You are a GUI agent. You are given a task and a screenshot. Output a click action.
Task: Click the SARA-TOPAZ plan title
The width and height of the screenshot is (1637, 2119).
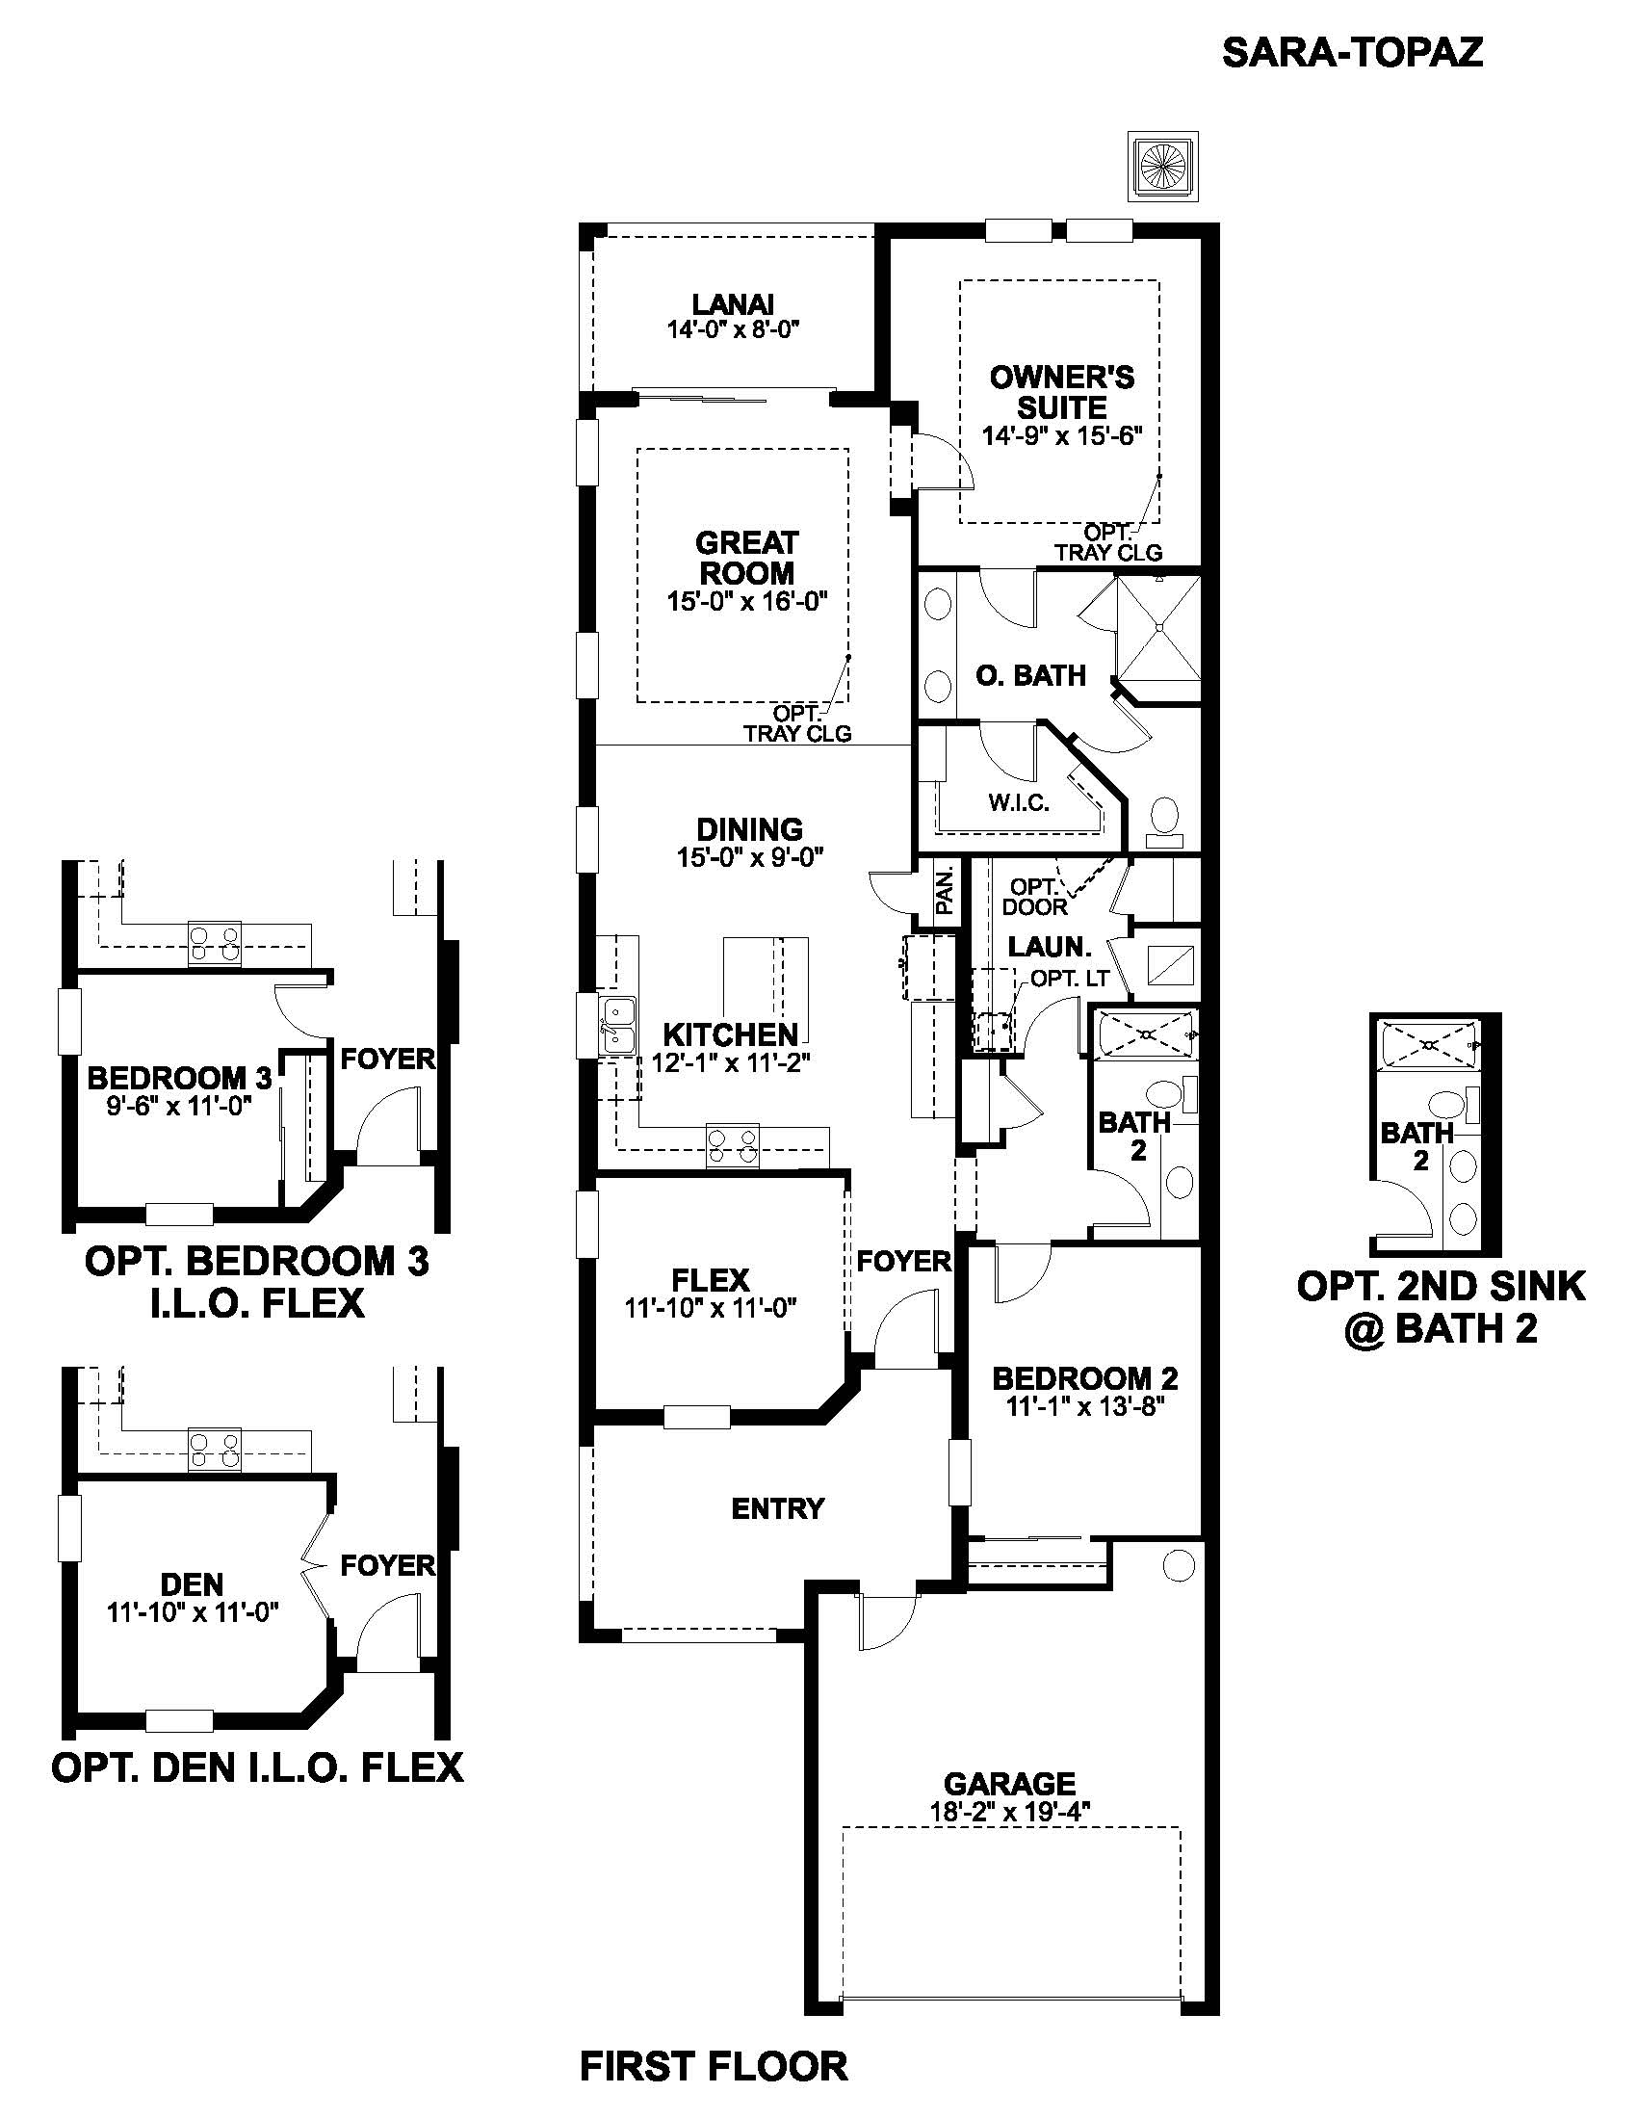1352,52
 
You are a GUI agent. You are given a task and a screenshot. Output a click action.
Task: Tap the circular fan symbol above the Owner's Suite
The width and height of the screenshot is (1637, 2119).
1163,166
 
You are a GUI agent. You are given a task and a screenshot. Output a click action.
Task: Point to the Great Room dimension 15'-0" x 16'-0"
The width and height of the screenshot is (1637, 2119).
745,602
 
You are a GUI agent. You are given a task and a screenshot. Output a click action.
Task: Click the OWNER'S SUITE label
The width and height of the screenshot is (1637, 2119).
1062,391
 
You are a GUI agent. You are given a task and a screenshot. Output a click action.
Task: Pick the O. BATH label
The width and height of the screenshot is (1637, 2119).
1031,675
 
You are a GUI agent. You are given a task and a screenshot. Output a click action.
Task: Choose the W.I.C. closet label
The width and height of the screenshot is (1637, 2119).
1018,802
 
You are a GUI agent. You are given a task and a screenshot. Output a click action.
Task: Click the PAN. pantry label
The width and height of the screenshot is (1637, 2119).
946,891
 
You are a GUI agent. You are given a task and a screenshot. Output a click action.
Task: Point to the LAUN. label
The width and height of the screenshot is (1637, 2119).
1051,946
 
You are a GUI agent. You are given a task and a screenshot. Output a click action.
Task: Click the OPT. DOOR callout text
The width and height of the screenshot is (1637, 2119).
1034,897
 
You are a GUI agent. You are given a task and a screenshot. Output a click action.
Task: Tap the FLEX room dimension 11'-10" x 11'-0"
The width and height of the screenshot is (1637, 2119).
710,1308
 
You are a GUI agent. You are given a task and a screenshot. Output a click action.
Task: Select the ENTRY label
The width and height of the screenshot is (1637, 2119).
778,1508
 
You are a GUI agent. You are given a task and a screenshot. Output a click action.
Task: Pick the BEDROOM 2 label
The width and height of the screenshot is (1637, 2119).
1084,1377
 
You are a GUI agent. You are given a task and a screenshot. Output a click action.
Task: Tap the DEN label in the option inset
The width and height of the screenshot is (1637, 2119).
192,1584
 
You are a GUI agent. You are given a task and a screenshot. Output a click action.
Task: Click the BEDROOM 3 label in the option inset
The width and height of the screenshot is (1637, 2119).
180,1078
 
